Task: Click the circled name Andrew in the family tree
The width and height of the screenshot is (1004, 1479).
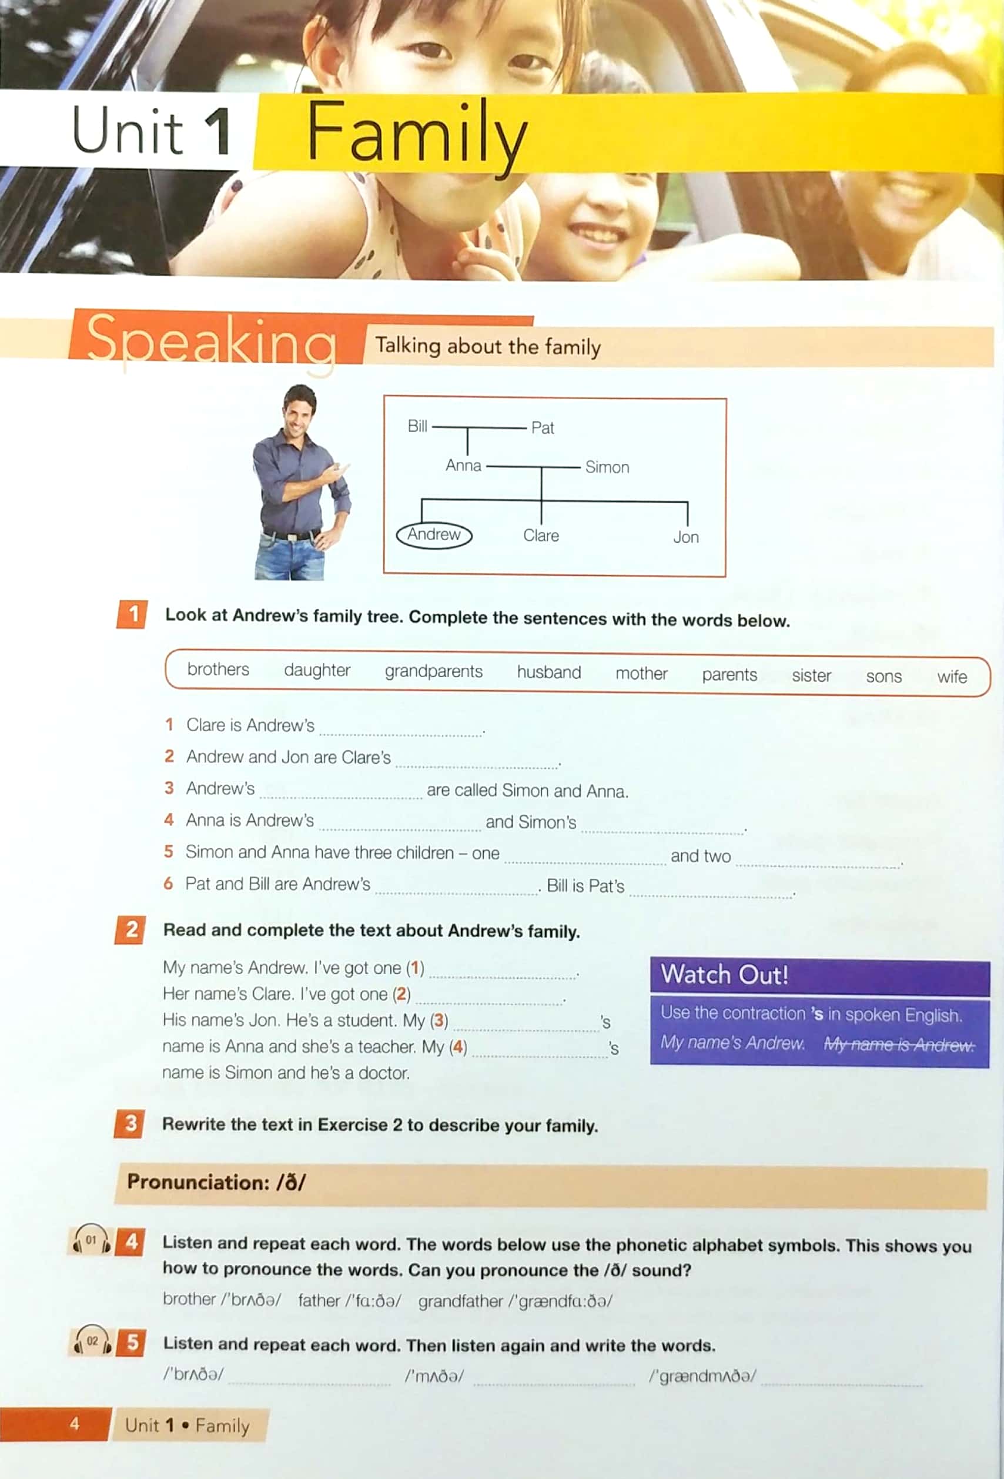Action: click(x=434, y=534)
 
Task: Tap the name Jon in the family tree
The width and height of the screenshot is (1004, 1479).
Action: click(x=685, y=537)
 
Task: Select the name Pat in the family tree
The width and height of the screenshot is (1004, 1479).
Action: click(x=542, y=428)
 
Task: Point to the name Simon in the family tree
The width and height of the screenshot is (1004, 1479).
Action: click(x=607, y=467)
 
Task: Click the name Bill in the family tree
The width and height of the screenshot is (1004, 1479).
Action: click(x=417, y=426)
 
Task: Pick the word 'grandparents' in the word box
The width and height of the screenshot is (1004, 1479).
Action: click(x=433, y=671)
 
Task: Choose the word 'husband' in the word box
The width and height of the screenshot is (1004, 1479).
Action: click(x=548, y=672)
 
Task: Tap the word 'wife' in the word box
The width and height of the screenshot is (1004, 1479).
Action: click(x=951, y=677)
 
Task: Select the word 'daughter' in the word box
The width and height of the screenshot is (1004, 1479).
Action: click(x=317, y=670)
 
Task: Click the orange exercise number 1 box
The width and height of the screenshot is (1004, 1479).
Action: click(x=132, y=614)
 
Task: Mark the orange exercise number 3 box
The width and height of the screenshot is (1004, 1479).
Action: click(x=130, y=1123)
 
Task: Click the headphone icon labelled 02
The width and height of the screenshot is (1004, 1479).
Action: click(x=92, y=1341)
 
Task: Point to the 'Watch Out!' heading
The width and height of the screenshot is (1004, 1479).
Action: click(x=724, y=975)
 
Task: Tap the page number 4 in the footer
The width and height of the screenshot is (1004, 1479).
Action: click(x=75, y=1424)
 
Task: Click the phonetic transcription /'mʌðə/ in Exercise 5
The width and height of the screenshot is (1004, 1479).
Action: click(x=434, y=1376)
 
